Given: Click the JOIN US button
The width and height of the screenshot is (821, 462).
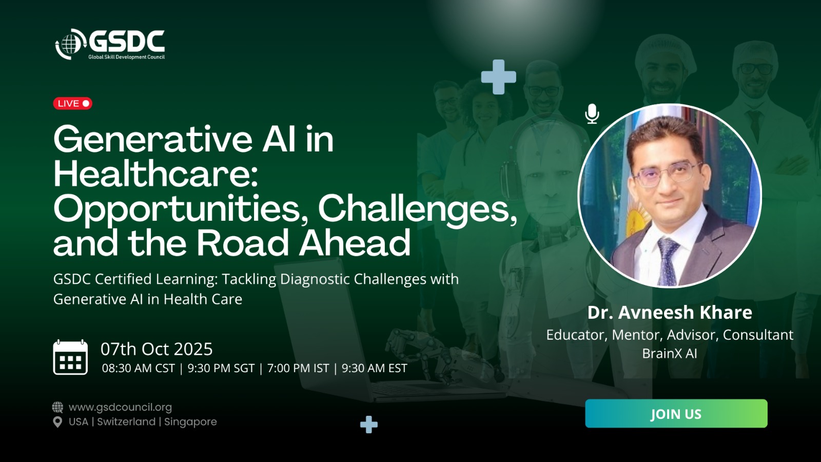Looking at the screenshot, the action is click(x=676, y=413).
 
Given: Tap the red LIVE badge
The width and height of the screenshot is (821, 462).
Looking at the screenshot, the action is click(x=72, y=103).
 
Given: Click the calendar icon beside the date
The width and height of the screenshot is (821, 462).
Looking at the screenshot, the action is click(x=70, y=357).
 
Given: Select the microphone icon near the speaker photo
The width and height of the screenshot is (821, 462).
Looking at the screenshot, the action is click(x=592, y=113).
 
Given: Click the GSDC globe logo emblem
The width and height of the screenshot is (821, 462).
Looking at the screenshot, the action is click(x=70, y=44).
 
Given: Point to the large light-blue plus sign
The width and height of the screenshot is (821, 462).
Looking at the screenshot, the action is click(x=498, y=77).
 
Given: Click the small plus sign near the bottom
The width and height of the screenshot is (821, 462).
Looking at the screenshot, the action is click(x=369, y=425).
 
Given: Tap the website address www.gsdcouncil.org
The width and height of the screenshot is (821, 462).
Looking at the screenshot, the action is click(x=120, y=407).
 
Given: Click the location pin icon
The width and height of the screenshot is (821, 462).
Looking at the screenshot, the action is click(x=57, y=422).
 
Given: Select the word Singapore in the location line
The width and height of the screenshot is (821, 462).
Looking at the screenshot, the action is click(x=190, y=421).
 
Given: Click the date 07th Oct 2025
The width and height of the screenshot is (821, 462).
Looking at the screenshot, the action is click(x=157, y=349).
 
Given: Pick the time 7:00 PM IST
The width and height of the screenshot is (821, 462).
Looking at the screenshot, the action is click(x=298, y=368).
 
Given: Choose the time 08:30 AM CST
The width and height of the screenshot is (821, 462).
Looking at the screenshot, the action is click(x=139, y=368).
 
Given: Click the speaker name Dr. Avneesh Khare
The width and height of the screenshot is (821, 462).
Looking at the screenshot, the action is click(x=670, y=313).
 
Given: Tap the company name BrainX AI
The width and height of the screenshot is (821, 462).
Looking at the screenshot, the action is click(x=670, y=354).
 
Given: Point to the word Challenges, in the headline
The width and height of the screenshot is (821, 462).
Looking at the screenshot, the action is click(x=418, y=210).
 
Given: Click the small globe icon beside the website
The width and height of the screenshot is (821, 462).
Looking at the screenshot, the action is click(x=57, y=407).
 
